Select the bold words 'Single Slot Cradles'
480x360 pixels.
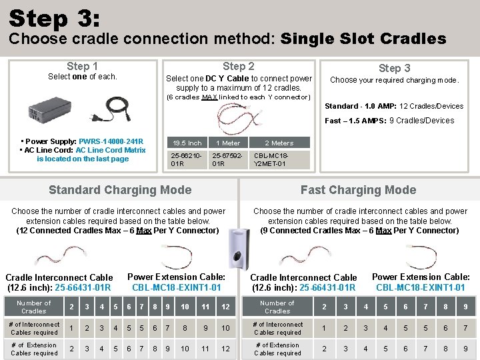point(363,39)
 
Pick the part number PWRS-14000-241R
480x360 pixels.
point(111,141)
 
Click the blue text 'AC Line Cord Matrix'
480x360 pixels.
point(110,150)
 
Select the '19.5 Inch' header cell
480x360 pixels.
point(187,143)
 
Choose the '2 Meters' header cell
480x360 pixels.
point(279,143)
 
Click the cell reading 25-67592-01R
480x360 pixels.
point(227,159)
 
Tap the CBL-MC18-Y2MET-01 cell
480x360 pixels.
point(271,159)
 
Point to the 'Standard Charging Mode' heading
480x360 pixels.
point(120,190)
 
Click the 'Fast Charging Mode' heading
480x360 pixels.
point(358,190)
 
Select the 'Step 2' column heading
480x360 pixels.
point(238,66)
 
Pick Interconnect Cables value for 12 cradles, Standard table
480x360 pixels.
point(226,328)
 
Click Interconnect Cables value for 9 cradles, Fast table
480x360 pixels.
point(465,328)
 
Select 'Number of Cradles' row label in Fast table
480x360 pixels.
point(277,307)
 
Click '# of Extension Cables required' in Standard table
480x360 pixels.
point(33,349)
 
